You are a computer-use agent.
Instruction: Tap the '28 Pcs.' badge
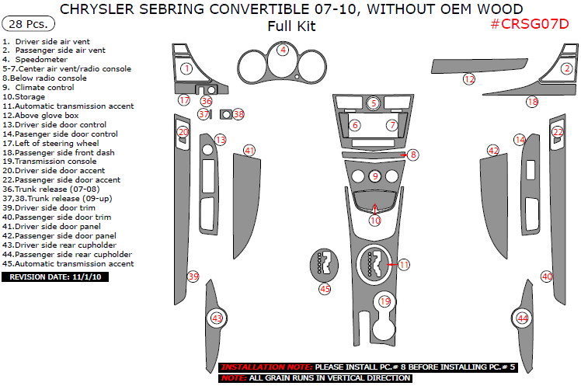(26, 24)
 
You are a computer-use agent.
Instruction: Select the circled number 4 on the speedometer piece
(284, 50)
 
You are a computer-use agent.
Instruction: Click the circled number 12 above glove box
(468, 78)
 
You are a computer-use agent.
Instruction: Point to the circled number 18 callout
(532, 102)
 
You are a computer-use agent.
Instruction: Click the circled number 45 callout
(325, 289)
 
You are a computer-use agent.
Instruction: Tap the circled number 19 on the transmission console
(384, 301)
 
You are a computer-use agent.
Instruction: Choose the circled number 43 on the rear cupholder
(217, 318)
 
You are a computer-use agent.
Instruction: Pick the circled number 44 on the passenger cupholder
(522, 318)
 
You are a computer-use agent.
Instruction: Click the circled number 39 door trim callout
(193, 276)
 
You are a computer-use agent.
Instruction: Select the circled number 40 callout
(547, 276)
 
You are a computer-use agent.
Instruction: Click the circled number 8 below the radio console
(413, 155)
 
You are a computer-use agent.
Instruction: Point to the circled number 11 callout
(404, 265)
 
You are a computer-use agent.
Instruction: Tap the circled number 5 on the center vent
(374, 103)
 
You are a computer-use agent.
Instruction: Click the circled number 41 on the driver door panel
(249, 150)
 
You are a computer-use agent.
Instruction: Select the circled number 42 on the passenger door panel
(492, 150)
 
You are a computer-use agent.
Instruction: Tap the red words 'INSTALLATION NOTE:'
(266, 367)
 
